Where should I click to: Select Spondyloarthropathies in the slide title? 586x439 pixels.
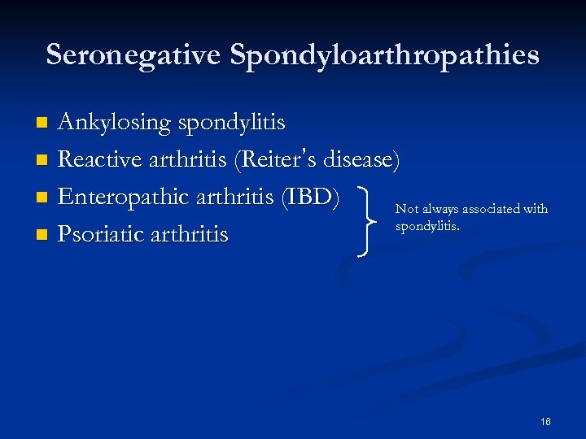384,55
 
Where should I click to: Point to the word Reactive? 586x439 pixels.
101,160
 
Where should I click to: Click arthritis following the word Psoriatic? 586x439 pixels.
192,235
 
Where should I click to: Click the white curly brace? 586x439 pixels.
369,219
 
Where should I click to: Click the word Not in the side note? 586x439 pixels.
406,210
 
